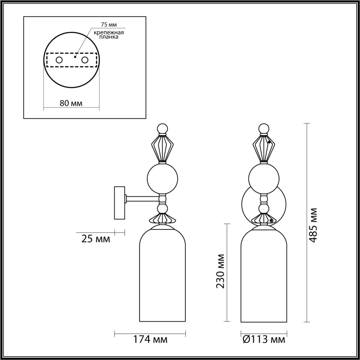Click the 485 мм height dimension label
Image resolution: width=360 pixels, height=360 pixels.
313,225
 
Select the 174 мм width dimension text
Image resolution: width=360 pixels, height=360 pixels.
150,339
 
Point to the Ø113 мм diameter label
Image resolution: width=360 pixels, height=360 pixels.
264,339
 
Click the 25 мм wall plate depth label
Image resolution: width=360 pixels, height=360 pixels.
96,239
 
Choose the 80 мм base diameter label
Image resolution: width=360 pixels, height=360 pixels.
71,103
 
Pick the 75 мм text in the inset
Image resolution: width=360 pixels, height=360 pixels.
109,25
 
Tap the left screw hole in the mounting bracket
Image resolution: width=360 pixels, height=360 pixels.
59,60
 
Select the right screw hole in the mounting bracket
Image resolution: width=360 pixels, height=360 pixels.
84,60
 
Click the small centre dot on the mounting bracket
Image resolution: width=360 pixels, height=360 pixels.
75,57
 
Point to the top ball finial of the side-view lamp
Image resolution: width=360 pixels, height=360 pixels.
163,129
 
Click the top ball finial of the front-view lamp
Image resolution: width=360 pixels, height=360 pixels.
264,129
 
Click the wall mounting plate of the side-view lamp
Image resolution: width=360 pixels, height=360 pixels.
119,202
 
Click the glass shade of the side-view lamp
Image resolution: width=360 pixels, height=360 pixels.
163,276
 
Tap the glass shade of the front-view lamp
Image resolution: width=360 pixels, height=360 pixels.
264,276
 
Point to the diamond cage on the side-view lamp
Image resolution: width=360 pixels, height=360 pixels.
163,148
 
